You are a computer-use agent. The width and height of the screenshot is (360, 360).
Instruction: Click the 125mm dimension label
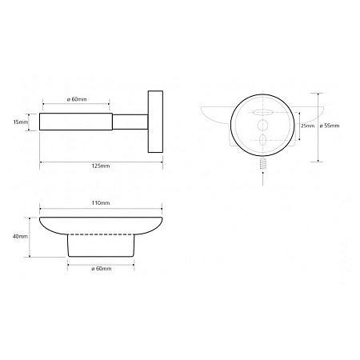pos(101,166)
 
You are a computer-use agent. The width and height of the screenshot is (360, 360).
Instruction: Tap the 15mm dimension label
pos(21,122)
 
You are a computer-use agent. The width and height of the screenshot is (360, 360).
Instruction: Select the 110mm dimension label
pos(101,203)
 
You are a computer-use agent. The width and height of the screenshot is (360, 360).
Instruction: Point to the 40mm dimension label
pos(20,236)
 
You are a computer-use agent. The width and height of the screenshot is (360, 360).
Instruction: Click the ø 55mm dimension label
pos(330,126)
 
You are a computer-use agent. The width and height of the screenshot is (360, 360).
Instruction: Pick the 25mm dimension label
pos(308,126)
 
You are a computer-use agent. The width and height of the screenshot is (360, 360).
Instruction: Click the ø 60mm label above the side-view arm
pos(77,99)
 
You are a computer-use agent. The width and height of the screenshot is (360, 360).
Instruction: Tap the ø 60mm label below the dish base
pos(102,269)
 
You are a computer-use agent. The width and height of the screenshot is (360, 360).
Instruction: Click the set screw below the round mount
pos(263,164)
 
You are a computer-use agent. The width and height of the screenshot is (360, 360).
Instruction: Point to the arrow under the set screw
pos(263,178)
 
